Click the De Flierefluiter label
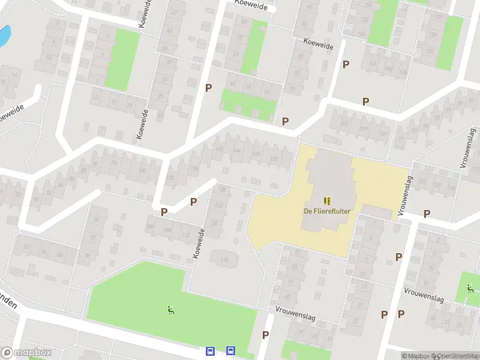(x=327, y=211)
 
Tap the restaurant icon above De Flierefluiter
(x=327, y=200)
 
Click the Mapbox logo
(x=26, y=353)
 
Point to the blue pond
(x=4, y=36)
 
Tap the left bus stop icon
(x=211, y=351)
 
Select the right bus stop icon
(x=230, y=350)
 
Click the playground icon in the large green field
(x=171, y=310)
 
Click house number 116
(x=225, y=259)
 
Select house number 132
(x=170, y=178)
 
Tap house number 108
(x=167, y=230)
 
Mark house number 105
(x=362, y=129)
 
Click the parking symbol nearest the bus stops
(x=265, y=335)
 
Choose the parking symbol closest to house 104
(x=164, y=212)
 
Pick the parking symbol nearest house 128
(x=193, y=202)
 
